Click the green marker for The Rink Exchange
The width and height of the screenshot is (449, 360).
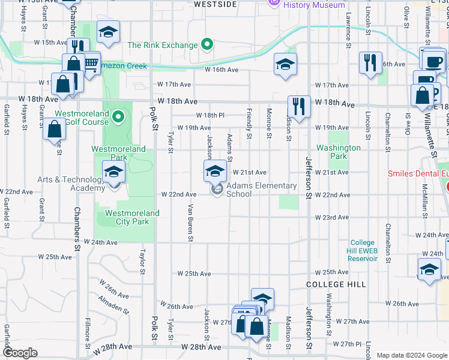(x=208, y=44)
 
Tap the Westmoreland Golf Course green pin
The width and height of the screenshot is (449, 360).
(x=118, y=116)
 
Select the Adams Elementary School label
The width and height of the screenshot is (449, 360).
(x=261, y=190)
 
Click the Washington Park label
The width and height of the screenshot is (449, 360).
(x=339, y=152)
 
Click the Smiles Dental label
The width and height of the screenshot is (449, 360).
(x=418, y=173)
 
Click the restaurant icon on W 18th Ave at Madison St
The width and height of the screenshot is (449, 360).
(x=298, y=106)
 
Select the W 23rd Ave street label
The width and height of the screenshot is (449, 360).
(x=335, y=217)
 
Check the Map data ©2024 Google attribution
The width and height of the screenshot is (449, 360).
(x=411, y=355)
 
